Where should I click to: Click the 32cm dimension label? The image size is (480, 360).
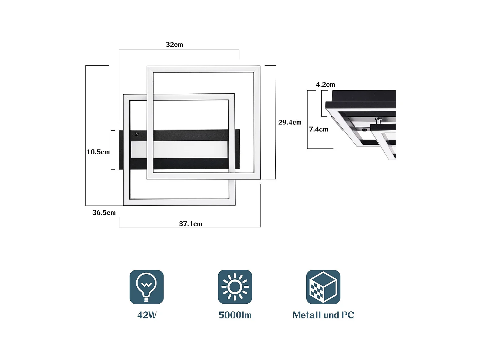(x=174, y=44)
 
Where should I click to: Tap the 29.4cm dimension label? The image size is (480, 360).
(x=290, y=122)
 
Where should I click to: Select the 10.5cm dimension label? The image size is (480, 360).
(x=98, y=152)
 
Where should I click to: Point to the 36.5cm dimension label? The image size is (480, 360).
(x=104, y=212)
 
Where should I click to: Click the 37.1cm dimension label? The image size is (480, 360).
(x=190, y=224)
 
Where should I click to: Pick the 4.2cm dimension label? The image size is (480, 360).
(x=325, y=84)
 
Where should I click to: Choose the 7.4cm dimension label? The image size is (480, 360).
(x=318, y=129)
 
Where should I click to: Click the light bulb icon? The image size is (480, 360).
(x=147, y=287)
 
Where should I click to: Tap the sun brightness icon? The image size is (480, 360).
(x=235, y=287)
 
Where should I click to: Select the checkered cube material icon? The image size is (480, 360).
(x=323, y=287)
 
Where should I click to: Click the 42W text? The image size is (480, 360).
(x=147, y=315)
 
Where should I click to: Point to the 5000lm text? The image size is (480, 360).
(x=235, y=315)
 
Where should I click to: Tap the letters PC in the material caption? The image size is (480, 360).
(x=348, y=315)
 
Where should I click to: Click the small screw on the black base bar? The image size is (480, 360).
(x=137, y=134)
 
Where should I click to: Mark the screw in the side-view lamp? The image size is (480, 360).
(x=364, y=130)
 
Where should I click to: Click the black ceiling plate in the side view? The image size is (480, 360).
(x=363, y=96)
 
